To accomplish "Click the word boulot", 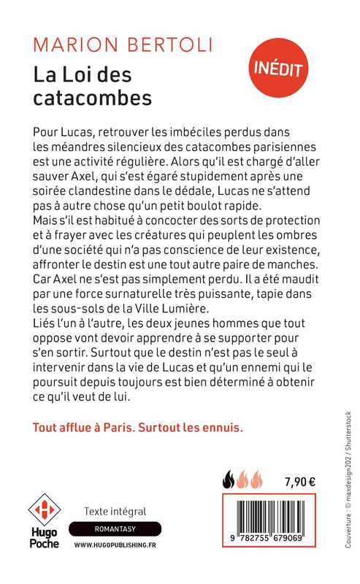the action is (x=240, y=206).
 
